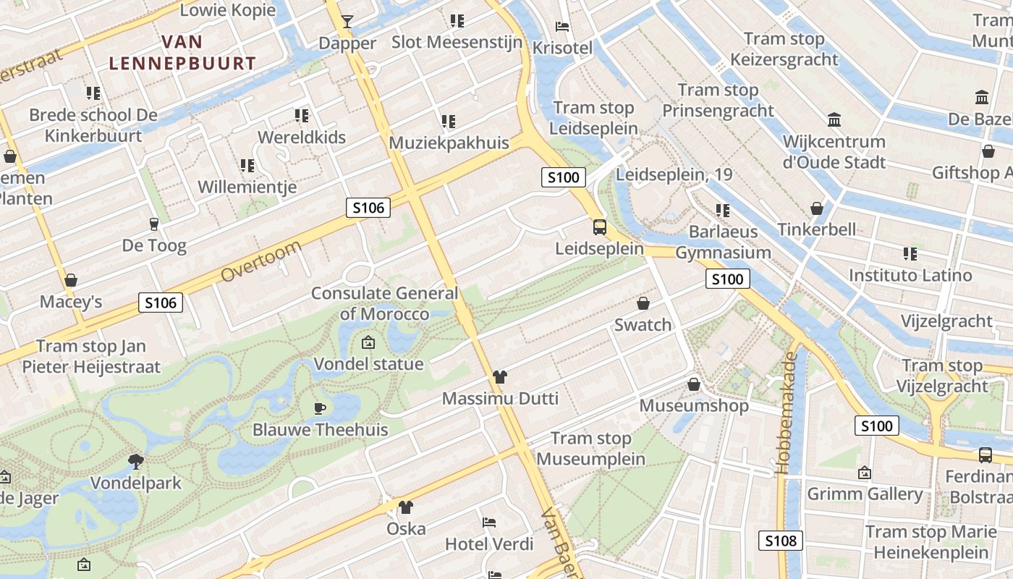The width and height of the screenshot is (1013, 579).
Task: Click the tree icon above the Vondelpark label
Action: (x=135, y=460)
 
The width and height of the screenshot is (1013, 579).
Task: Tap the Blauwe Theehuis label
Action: (x=320, y=429)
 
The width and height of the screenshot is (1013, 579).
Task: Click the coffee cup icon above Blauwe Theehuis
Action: (x=320, y=408)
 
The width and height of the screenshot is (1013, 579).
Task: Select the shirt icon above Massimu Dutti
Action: (x=500, y=376)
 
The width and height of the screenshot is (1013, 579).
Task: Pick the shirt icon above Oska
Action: (x=406, y=507)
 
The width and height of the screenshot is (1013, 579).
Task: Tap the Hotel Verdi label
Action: (x=489, y=544)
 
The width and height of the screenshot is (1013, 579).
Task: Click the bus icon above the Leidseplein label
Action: (x=600, y=227)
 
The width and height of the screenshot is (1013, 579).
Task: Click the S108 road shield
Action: (x=781, y=540)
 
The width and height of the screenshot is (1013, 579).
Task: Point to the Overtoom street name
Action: (x=260, y=262)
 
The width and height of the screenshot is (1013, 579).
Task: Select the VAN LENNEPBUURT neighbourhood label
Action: (x=182, y=53)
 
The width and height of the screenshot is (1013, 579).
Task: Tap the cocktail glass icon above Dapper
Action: (x=347, y=21)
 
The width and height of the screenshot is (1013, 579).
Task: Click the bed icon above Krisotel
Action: (x=562, y=27)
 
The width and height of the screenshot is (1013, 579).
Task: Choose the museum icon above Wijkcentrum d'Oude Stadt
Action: (x=834, y=119)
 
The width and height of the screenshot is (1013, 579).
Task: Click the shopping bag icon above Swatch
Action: (x=643, y=303)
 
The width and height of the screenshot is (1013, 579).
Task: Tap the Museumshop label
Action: (x=694, y=405)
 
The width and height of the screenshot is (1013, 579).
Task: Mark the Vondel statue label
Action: (x=368, y=363)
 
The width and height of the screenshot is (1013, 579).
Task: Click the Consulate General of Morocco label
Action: (x=385, y=303)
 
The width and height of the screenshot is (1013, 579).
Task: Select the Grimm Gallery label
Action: (x=865, y=494)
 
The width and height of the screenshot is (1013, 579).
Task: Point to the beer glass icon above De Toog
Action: (x=153, y=224)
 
